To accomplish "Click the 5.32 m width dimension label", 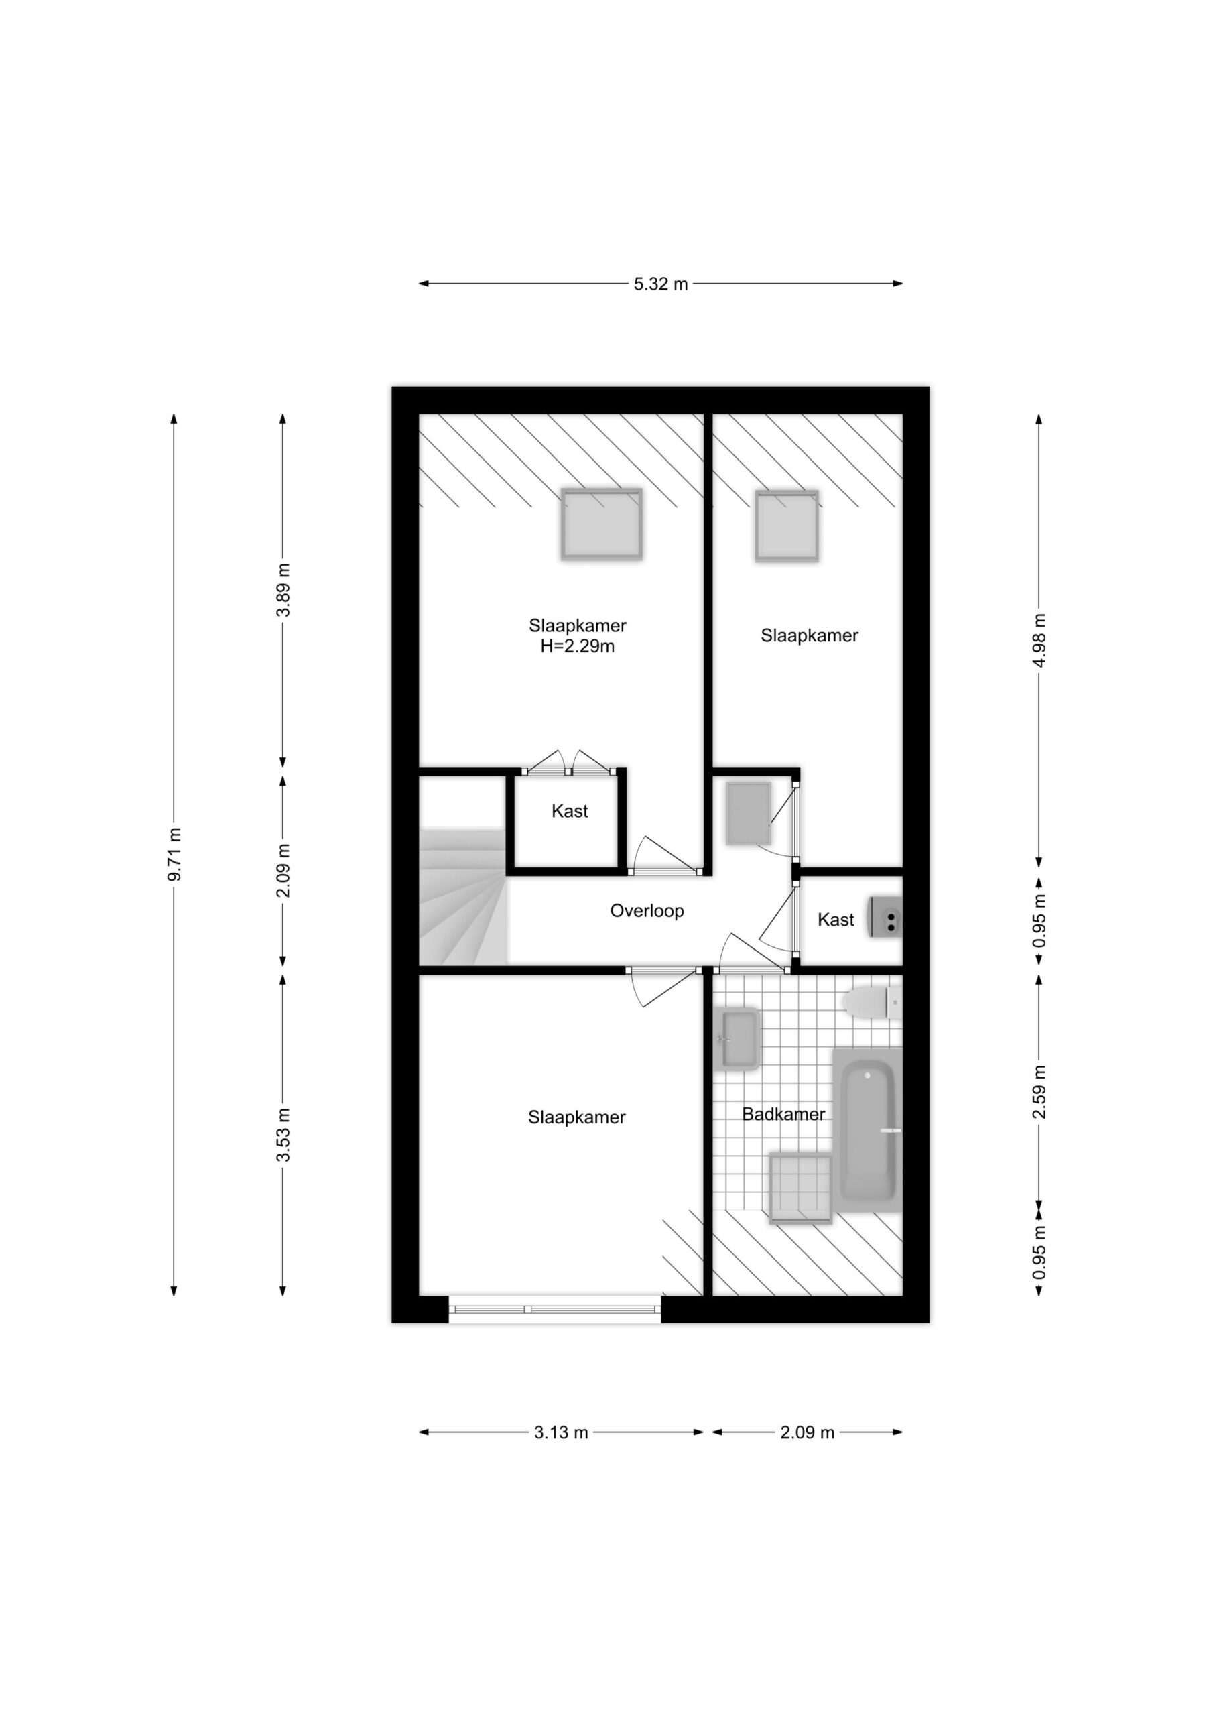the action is [661, 284].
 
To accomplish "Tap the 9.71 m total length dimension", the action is [174, 854].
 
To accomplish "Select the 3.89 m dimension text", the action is [283, 590].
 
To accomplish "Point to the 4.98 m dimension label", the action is [1039, 641].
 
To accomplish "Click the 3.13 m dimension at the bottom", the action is [562, 1432].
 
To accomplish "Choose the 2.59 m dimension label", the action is [1039, 1092].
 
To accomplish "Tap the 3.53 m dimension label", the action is [283, 1136].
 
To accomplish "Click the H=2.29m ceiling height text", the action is [578, 646].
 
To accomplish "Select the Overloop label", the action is [647, 911].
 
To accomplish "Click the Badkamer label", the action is [783, 1114].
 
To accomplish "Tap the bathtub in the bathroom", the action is [868, 1131].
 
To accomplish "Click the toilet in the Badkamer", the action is [871, 1002].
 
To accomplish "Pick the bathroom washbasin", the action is [738, 1040].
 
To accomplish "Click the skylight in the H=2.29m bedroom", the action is [602, 524].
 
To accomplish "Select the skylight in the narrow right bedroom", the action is [786, 526].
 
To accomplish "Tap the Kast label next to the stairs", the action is [570, 812].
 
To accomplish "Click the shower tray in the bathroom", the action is [800, 1188].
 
